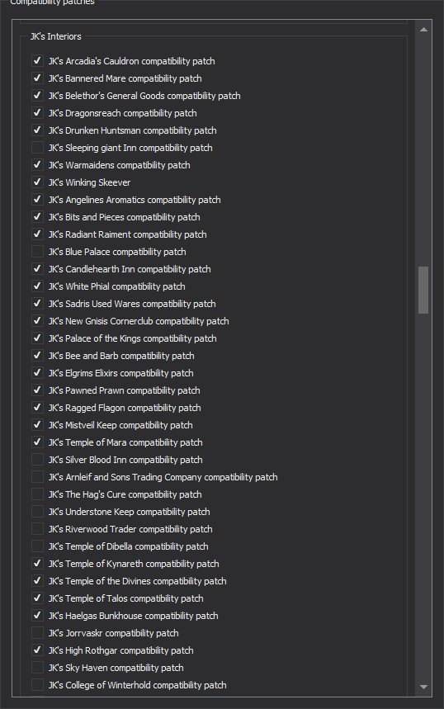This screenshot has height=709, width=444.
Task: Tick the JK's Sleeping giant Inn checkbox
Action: (x=37, y=148)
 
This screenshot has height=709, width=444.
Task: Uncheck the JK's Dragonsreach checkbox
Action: (x=37, y=112)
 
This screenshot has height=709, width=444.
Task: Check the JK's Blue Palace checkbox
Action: (x=37, y=252)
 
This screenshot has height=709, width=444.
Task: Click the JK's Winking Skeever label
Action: (x=89, y=182)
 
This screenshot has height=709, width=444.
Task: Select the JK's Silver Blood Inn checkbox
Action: (x=37, y=460)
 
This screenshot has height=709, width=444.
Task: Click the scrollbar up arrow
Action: (x=423, y=30)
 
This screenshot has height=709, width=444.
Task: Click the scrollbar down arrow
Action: (x=423, y=687)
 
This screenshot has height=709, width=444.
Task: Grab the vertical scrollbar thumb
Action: (x=423, y=290)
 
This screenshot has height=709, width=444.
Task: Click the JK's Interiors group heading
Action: (x=55, y=36)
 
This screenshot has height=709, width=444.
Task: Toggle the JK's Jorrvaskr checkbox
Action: (x=37, y=632)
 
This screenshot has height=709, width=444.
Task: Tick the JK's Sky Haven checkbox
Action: (x=37, y=668)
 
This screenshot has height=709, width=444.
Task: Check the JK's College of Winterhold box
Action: (x=37, y=684)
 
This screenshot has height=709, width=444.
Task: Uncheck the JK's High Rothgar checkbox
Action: (x=37, y=650)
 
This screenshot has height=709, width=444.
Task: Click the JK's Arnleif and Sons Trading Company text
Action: (x=163, y=478)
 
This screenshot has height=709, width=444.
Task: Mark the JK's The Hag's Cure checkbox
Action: (x=37, y=494)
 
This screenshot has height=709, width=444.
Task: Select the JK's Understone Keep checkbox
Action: (x=37, y=512)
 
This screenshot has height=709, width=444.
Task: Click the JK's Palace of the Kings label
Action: (x=133, y=338)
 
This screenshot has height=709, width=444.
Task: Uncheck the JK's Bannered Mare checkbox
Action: (x=37, y=78)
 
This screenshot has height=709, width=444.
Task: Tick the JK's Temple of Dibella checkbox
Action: (x=37, y=546)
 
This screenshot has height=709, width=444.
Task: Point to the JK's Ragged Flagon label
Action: (x=125, y=408)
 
